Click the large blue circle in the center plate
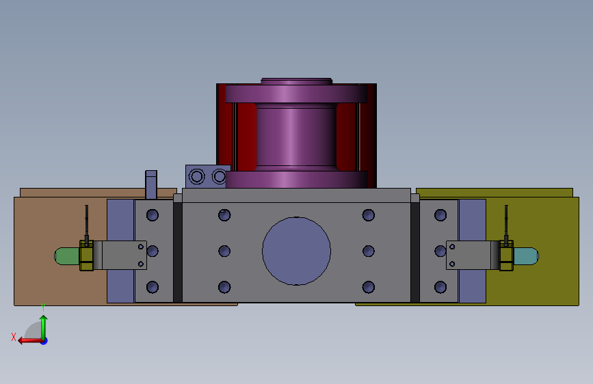[297, 251]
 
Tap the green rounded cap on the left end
[67, 256]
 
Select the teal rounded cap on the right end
[526, 256]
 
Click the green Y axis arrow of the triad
[44, 327]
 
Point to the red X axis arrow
[31, 340]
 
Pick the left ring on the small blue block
[197, 176]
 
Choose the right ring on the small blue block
[219, 176]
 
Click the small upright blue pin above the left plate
[151, 184]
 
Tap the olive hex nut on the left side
[86, 256]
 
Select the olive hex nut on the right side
[506, 256]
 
